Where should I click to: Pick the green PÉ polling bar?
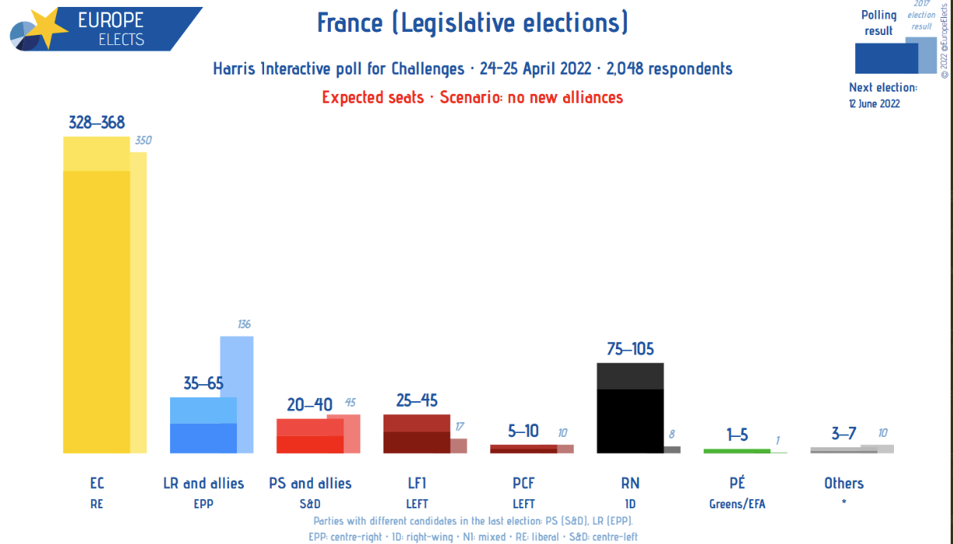[736, 450]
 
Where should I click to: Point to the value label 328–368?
[96, 123]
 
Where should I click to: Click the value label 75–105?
[630, 349]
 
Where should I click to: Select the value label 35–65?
[203, 383]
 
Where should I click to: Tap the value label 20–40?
[309, 404]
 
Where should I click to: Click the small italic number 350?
[143, 141]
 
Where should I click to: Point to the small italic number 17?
[459, 426]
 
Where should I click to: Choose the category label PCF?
[523, 483]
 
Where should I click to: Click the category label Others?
[843, 483]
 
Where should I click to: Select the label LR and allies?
[203, 483]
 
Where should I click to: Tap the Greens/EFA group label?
[737, 504]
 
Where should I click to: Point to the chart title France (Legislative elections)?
[472, 23]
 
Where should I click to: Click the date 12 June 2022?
[875, 103]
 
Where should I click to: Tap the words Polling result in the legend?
[878, 23]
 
